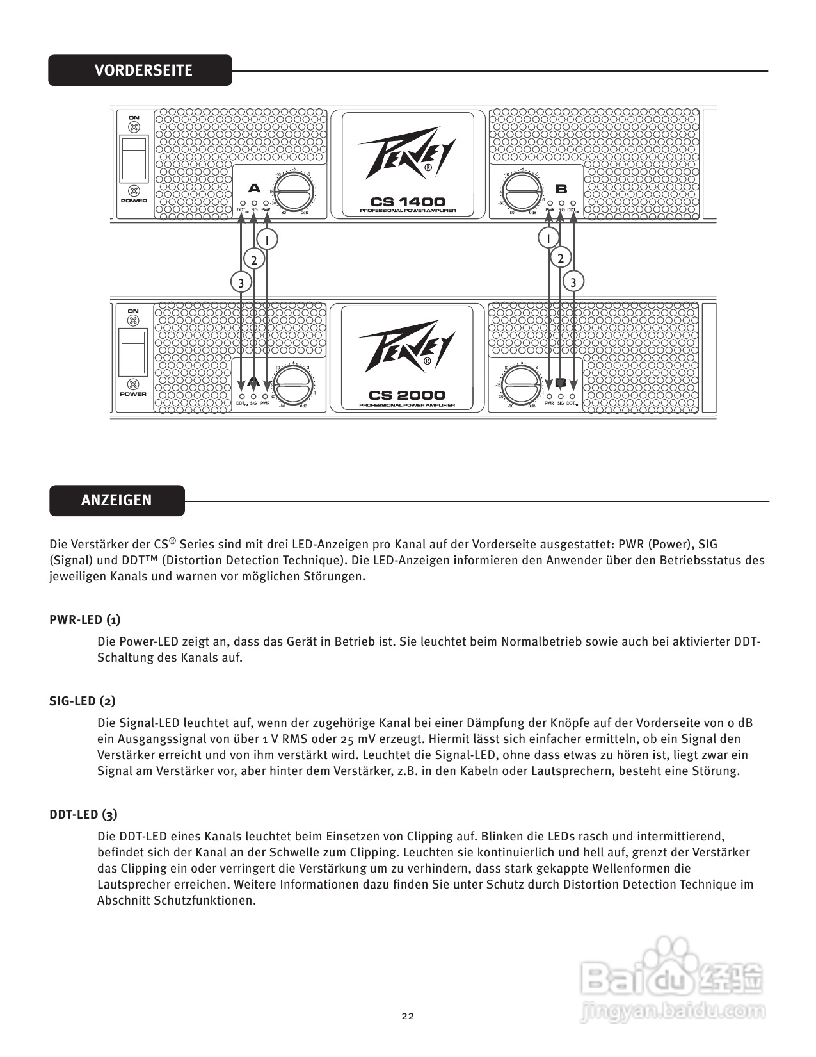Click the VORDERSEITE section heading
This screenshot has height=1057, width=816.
[x=143, y=70]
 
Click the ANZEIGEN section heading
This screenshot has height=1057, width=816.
[x=116, y=500]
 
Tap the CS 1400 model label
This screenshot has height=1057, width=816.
[x=408, y=202]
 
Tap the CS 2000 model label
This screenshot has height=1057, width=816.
[x=407, y=395]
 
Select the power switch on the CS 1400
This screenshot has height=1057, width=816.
[x=134, y=158]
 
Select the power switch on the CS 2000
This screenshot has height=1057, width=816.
[x=133, y=352]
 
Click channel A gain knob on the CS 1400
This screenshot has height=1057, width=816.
[x=295, y=190]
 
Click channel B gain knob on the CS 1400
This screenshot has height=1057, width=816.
[x=521, y=190]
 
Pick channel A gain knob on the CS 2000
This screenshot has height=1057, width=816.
[x=295, y=384]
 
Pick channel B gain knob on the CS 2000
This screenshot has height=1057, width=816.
[x=521, y=385]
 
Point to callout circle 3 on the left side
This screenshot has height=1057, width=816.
[x=241, y=282]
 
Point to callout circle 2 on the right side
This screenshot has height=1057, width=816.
[x=561, y=258]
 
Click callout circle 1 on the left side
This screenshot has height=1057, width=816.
[x=267, y=240]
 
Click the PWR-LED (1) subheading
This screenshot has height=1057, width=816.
[x=85, y=619]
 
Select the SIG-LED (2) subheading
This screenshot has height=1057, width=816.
[x=83, y=701]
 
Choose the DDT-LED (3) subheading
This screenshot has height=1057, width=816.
[x=83, y=814]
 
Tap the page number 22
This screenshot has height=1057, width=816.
[x=408, y=1016]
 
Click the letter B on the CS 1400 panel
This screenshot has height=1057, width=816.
[x=561, y=189]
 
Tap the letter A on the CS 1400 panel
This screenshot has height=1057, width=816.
[x=255, y=188]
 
